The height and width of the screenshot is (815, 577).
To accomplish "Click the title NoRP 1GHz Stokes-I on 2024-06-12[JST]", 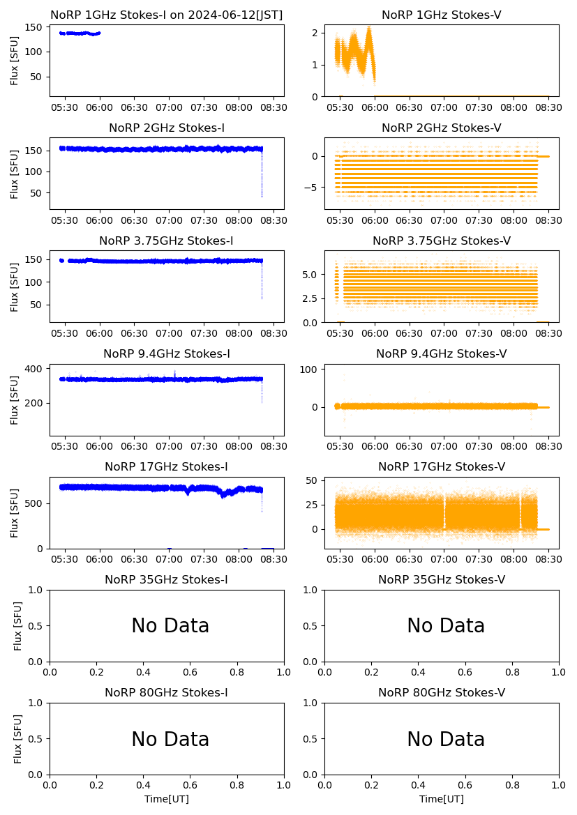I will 167,15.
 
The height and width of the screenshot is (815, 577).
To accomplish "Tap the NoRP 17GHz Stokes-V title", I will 442,466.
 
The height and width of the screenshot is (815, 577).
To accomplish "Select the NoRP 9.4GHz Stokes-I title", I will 167,353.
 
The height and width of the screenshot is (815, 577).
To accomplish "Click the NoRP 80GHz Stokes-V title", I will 442,692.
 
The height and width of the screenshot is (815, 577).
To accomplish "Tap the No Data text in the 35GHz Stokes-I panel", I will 170,626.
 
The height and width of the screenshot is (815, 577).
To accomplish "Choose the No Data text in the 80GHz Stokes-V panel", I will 446,739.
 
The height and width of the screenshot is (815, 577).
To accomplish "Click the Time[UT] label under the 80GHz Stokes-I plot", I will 167,799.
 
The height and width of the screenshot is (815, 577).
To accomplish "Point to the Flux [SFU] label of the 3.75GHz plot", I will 15,287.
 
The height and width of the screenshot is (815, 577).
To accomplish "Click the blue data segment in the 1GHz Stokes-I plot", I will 80,33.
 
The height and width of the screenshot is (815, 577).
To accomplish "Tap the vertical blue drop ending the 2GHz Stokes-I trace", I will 262,174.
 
